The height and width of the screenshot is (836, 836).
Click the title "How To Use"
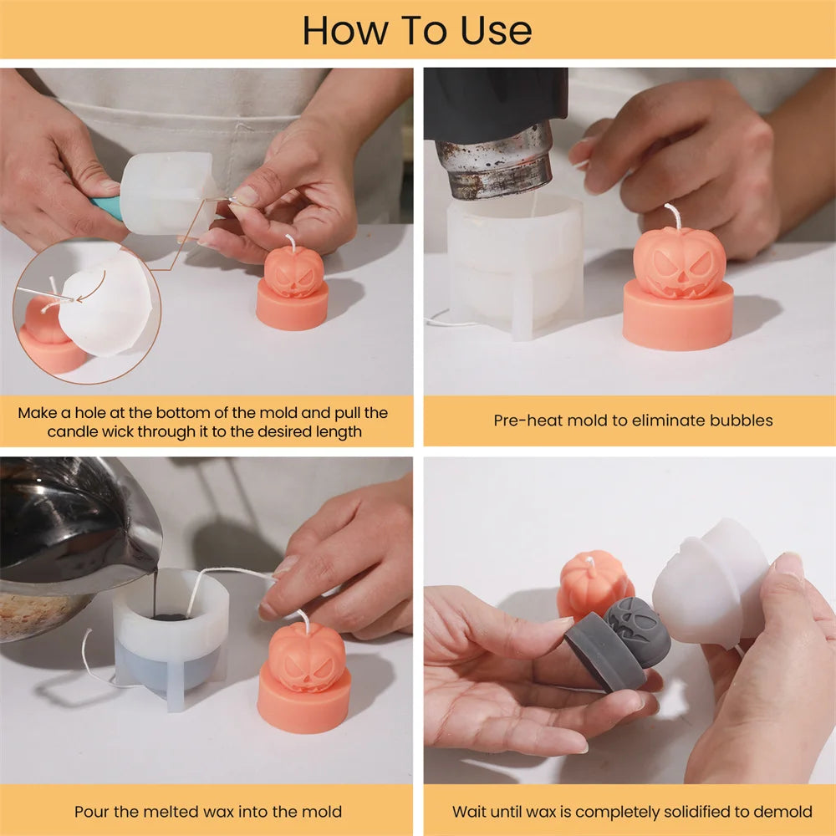click(417, 30)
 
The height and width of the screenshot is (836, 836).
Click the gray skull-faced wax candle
click(619, 644)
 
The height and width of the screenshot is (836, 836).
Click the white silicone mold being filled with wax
click(171, 635)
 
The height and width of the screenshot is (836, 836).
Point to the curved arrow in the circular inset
click(95, 288)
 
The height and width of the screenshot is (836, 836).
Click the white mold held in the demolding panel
click(711, 584)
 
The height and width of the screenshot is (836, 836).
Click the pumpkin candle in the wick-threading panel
click(293, 285)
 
